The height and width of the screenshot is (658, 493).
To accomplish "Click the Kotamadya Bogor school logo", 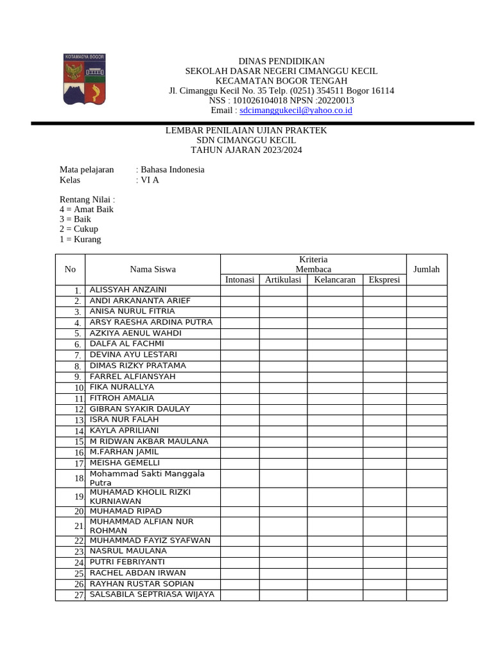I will [83, 79].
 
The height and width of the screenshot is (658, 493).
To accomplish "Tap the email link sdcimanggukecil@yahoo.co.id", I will [296, 111].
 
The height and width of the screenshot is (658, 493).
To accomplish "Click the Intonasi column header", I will [240, 280].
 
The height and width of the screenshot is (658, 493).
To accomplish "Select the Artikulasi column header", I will [283, 280].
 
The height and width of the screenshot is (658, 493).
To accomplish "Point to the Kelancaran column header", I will [334, 280].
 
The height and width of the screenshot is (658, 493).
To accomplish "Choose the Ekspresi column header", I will [385, 280].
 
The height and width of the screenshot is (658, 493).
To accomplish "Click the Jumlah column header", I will [427, 269].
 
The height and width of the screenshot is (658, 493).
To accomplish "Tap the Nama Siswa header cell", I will [153, 269].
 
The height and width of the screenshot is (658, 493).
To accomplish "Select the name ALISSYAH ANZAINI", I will [128, 290].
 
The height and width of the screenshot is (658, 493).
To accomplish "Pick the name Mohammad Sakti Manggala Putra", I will [147, 478].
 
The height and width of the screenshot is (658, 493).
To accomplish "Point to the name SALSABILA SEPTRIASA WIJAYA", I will [151, 594].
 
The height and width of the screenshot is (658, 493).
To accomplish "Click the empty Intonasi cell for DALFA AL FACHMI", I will [240, 344].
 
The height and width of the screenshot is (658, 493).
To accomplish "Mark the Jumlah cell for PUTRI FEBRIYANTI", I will [427, 562].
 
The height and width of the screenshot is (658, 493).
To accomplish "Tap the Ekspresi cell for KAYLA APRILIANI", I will [385, 431].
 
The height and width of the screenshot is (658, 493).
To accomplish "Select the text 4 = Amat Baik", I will [87, 209].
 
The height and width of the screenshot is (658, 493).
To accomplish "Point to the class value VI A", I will [150, 180].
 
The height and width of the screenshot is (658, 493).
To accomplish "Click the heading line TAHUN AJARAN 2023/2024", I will [246, 150].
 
